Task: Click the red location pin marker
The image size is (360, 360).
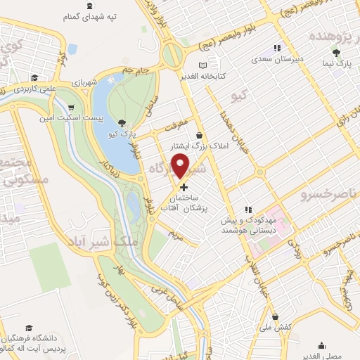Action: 183,165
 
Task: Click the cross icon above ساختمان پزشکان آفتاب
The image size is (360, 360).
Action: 184,187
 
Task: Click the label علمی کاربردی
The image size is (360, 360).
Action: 32,90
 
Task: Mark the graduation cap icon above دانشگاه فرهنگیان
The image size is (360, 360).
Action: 29,328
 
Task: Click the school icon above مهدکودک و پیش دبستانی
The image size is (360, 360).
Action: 247,210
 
